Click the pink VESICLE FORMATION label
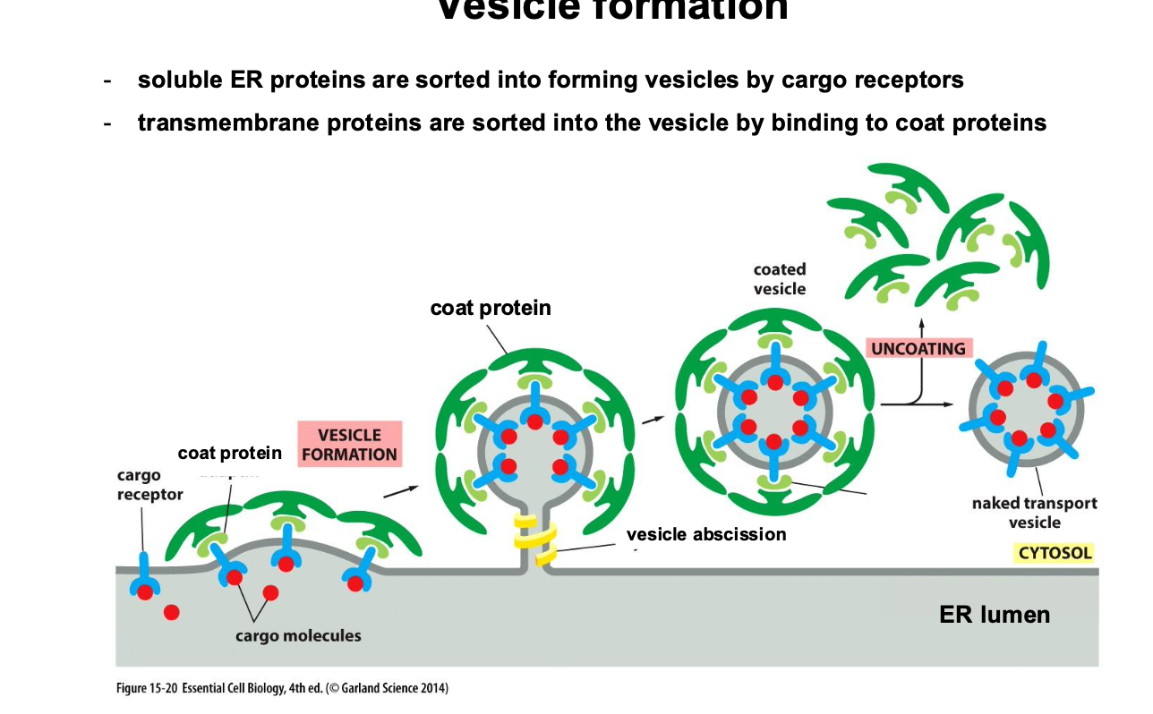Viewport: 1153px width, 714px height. point(349,445)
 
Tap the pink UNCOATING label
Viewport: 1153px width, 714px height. point(918,348)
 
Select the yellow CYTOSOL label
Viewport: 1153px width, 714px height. point(1055,553)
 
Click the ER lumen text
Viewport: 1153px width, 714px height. point(994,615)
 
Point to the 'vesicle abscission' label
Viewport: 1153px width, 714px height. point(705,534)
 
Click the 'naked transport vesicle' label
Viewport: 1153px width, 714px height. point(1034,513)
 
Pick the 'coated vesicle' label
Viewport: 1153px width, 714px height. point(779,278)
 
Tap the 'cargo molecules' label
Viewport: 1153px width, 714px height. point(298,635)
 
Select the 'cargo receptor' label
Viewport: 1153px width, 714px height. point(149,485)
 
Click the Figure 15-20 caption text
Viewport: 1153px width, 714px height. point(282,688)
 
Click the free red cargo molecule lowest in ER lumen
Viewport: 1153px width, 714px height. point(172,612)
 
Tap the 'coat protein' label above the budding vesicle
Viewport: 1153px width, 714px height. point(491,309)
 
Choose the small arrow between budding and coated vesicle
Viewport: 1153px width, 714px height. point(653,419)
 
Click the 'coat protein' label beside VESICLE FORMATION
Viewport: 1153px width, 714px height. point(230,454)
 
